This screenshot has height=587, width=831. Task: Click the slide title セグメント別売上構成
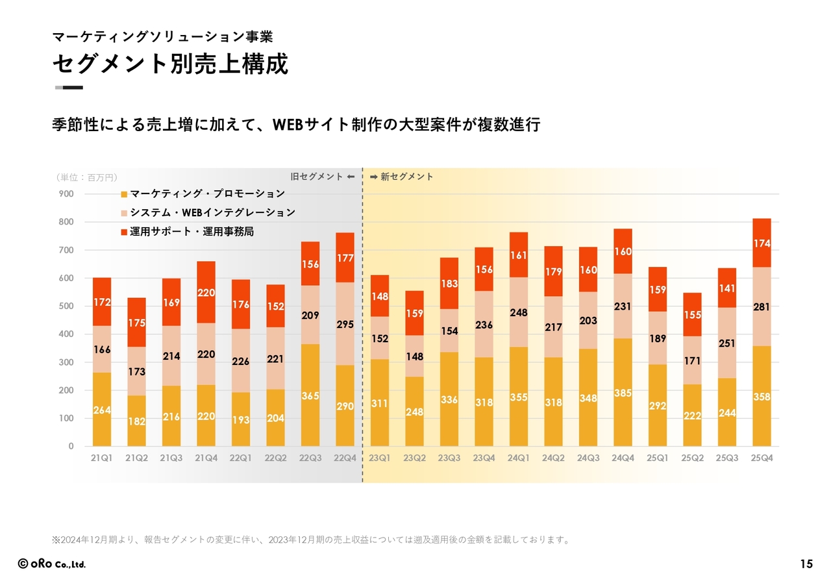(x=169, y=64)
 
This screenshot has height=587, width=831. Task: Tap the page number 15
(x=806, y=564)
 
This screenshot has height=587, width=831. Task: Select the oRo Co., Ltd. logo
(x=52, y=564)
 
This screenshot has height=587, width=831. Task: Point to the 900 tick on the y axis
(x=67, y=194)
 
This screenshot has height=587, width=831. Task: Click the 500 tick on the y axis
(x=67, y=306)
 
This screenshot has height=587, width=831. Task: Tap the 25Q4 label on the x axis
(x=762, y=458)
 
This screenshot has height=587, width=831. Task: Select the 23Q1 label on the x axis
(x=380, y=458)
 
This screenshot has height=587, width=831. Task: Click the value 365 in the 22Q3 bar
(x=310, y=395)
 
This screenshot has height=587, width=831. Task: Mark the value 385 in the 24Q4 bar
(x=623, y=393)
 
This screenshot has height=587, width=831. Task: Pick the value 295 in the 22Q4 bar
(x=345, y=324)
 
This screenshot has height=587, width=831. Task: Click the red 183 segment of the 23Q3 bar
(x=449, y=284)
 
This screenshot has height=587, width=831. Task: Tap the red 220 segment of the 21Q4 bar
(x=206, y=293)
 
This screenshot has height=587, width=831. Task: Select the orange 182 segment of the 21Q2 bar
(x=136, y=421)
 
